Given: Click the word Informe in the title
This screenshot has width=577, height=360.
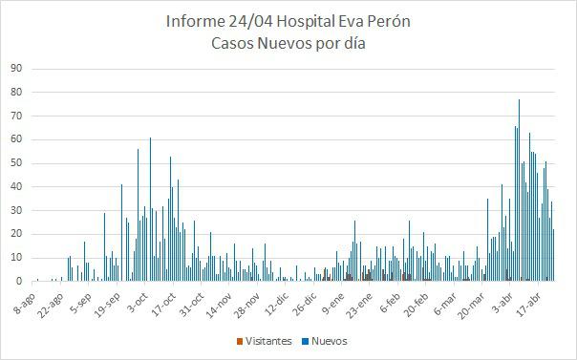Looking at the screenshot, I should pyautogui.click(x=198, y=21).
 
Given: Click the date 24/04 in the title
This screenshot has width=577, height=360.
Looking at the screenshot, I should pyautogui.click(x=253, y=21).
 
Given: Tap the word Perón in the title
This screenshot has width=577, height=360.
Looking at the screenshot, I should pyautogui.click(x=388, y=21).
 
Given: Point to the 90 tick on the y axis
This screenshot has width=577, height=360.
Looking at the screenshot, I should pyautogui.click(x=16, y=69).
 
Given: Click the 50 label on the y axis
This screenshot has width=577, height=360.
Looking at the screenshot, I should pyautogui.click(x=16, y=163).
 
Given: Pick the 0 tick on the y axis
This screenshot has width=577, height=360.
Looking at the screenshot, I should pyautogui.click(x=19, y=282).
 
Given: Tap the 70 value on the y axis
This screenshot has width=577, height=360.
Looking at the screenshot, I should pyautogui.click(x=16, y=116).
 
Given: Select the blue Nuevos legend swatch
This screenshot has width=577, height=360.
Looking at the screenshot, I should pyautogui.click(x=305, y=341).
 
